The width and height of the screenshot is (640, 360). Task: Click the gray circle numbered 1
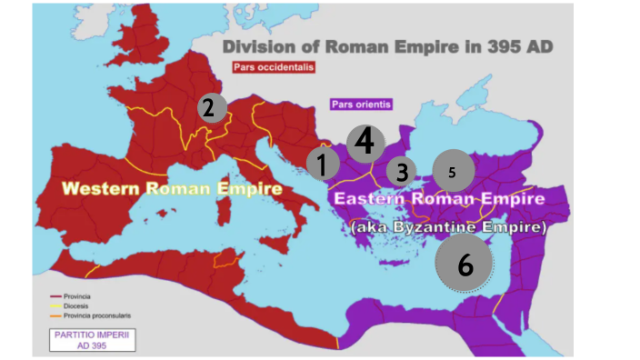coord(322,165)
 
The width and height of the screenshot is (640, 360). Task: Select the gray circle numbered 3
coord(401,170)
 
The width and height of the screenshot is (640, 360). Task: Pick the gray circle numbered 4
coord(365,141)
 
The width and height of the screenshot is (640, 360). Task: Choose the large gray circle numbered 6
coord(465,264)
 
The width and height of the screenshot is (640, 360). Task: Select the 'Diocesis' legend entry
coord(84,305)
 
